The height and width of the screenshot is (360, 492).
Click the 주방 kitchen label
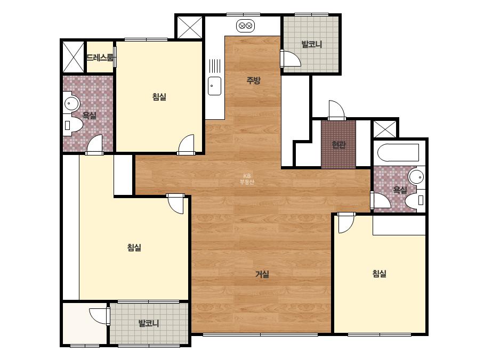253,80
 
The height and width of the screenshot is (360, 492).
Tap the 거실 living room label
262,274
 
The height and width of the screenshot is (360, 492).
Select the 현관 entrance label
338,145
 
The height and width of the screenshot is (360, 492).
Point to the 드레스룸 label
100,58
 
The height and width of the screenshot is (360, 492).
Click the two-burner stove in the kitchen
245,25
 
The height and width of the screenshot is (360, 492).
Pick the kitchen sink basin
215,86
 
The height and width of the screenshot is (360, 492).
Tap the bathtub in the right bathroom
398,153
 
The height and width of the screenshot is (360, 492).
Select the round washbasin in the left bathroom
71,103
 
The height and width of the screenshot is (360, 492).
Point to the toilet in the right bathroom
415,200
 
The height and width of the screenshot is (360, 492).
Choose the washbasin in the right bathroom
417,177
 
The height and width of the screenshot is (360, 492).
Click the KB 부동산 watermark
247,179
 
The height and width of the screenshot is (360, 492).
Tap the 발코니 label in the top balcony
312,44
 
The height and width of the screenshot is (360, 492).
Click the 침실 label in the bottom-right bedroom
380,274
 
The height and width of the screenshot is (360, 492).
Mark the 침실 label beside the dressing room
159,96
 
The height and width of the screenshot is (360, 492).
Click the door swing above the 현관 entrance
336,110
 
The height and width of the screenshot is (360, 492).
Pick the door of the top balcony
291,58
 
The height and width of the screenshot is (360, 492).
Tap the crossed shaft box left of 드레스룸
74,57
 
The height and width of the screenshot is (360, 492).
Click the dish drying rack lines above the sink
215,66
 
